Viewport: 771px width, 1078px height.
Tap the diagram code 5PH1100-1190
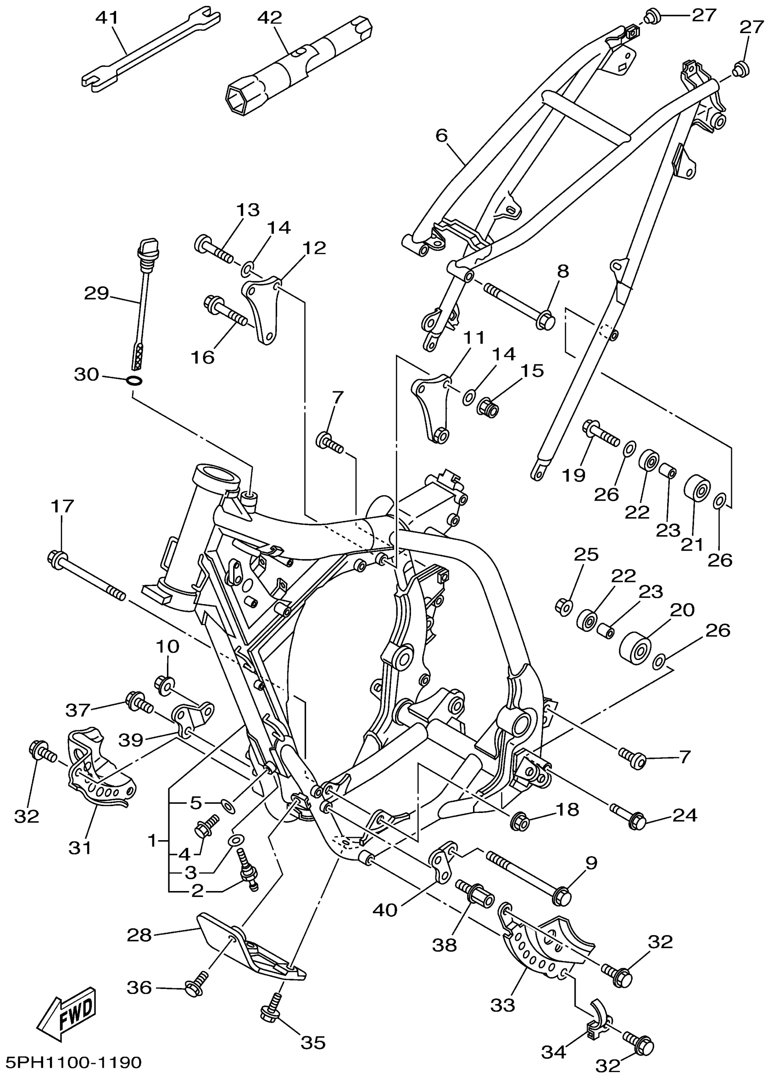tap(73, 1062)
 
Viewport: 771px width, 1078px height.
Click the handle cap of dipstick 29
tap(148, 247)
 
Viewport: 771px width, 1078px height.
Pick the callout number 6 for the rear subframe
tap(442, 136)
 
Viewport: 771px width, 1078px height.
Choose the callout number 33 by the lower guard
tap(503, 1006)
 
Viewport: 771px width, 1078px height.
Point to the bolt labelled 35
tap(268, 1013)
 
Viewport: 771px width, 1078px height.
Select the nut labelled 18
tap(518, 822)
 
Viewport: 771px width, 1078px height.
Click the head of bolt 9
tap(562, 896)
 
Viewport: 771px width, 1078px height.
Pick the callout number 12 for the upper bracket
tap(315, 248)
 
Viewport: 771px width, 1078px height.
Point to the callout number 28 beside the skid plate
tap(139, 935)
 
